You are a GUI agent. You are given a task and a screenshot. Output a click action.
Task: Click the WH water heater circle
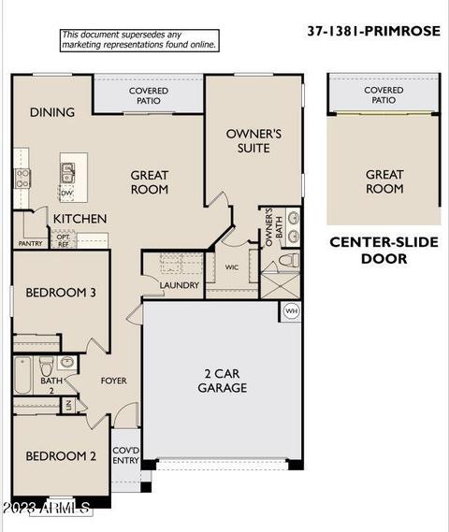pyautogui.click(x=291, y=310)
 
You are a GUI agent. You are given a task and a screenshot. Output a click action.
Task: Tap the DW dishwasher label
pyautogui.click(x=66, y=193)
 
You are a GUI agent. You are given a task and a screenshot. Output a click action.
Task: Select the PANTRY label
pyautogui.click(x=30, y=243)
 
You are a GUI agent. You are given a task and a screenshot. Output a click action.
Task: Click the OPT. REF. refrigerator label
pyautogui.click(x=64, y=240)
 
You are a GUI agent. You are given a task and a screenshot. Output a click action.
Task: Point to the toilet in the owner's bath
pyautogui.click(x=289, y=261)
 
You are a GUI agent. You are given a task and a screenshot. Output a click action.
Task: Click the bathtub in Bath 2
pyautogui.click(x=23, y=375)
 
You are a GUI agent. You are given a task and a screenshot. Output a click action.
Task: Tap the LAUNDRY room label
pyautogui.click(x=180, y=285)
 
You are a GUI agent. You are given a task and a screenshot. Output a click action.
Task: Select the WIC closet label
pyautogui.click(x=232, y=267)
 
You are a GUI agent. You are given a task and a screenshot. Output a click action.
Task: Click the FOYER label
pyautogui.click(x=114, y=381)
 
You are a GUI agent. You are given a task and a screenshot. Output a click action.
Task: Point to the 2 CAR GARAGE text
pyautogui.click(x=223, y=381)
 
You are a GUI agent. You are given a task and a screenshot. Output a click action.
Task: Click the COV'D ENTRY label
pyautogui.click(x=125, y=455)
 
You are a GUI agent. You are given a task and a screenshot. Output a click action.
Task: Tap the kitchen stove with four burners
pyautogui.click(x=22, y=179)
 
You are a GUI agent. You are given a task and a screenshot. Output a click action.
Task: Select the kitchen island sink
pyautogui.click(x=67, y=173)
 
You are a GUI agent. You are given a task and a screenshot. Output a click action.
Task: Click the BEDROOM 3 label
pyautogui.click(x=61, y=293)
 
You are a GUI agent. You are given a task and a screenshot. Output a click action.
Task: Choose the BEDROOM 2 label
pyautogui.click(x=61, y=456)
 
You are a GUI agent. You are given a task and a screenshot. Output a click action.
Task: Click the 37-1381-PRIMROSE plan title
pyautogui.click(x=373, y=31)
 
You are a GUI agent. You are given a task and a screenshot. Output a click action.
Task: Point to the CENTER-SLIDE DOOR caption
pyautogui.click(x=384, y=251)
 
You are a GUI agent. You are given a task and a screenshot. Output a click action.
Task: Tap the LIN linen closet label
pyautogui.click(x=68, y=405)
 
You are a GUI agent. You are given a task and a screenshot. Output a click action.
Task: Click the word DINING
pyautogui.click(x=52, y=112)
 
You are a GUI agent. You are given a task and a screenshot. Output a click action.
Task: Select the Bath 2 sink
pyautogui.click(x=66, y=362)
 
